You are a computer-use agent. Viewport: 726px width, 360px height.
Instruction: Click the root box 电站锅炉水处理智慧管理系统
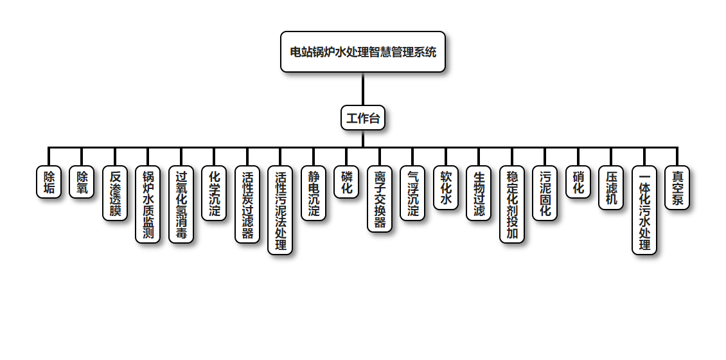[x=363, y=52]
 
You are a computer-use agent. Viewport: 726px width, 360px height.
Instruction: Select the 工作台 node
[x=363, y=118]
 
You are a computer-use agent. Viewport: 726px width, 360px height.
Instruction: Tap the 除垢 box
[x=49, y=183]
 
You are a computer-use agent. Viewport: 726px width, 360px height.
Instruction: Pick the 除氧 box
[x=82, y=183]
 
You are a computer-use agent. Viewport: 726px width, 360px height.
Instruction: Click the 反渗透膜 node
[x=115, y=194]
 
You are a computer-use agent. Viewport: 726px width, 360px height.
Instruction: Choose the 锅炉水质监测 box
[x=148, y=205]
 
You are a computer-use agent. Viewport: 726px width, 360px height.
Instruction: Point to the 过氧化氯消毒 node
[x=181, y=205]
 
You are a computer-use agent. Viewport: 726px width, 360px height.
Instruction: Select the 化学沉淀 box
[x=214, y=194]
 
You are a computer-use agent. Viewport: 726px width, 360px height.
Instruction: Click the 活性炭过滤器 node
[x=247, y=205]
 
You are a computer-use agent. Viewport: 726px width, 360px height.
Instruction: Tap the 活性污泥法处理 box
[x=280, y=211]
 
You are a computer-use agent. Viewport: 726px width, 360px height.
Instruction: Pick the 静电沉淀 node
[x=314, y=194]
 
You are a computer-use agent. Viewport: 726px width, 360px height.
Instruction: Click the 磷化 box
[x=346, y=183]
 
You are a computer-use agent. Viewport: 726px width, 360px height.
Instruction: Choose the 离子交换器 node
[x=380, y=199]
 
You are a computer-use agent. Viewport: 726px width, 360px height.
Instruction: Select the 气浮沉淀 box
[x=412, y=194]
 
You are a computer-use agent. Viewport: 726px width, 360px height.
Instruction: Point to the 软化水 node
[x=446, y=188]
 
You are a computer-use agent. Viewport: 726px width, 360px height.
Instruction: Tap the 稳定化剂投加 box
[x=512, y=205]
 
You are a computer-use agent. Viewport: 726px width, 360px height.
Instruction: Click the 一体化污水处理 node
[x=644, y=211]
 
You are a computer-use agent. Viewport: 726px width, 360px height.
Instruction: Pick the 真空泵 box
[x=677, y=188]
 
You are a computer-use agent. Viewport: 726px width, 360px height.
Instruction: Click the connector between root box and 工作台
[x=363, y=89]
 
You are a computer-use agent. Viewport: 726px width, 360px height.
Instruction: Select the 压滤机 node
[x=611, y=188]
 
